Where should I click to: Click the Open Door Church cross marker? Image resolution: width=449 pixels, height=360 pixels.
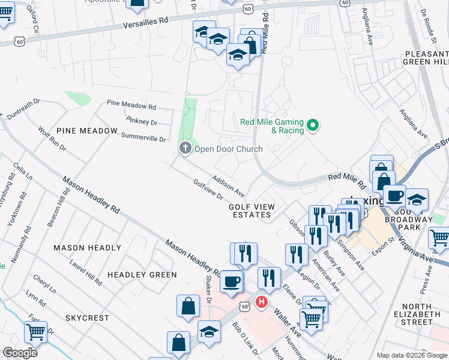click(x=185, y=148)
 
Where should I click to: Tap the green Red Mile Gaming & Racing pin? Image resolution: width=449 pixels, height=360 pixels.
click(x=312, y=125)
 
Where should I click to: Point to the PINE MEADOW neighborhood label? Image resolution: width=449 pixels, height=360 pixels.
click(x=86, y=130)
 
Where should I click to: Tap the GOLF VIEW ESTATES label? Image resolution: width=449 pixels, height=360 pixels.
click(x=252, y=211)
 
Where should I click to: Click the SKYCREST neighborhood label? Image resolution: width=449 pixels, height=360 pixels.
click(x=87, y=317)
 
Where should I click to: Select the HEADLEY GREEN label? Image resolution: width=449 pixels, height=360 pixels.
click(x=142, y=275)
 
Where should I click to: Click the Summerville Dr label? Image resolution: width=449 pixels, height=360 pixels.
click(x=143, y=138)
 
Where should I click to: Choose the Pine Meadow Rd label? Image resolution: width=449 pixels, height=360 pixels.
click(x=131, y=105)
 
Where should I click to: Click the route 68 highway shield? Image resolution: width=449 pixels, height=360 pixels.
click(x=244, y=307)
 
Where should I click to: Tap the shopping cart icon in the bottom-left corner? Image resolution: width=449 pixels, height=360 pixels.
click(x=35, y=331)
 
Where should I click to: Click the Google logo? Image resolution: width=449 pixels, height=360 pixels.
click(x=20, y=353)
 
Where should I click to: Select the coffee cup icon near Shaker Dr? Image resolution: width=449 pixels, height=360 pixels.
click(x=231, y=281)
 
